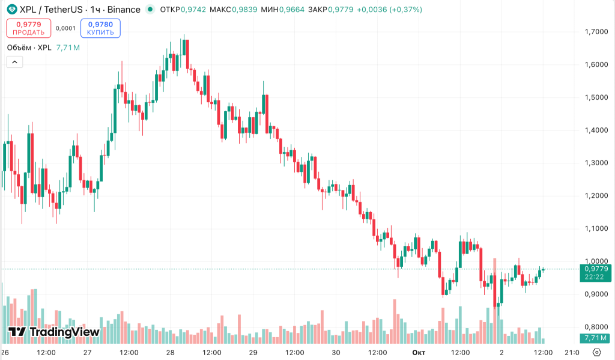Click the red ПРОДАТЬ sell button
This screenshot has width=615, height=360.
tap(29, 28)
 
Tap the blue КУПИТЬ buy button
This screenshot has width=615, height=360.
tap(100, 28)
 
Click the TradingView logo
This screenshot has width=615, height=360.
tap(54, 332)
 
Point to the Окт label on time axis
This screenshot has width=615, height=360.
tap(419, 352)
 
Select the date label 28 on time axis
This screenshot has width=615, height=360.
tap(170, 352)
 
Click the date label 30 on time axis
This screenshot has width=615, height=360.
tap(336, 352)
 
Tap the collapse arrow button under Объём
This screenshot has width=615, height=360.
tap(14, 61)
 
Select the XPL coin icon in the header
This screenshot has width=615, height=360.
tap(12, 10)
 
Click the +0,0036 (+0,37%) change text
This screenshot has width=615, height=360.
tap(389, 10)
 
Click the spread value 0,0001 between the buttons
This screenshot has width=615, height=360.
tap(65, 28)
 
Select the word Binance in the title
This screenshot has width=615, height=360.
tap(124, 10)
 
